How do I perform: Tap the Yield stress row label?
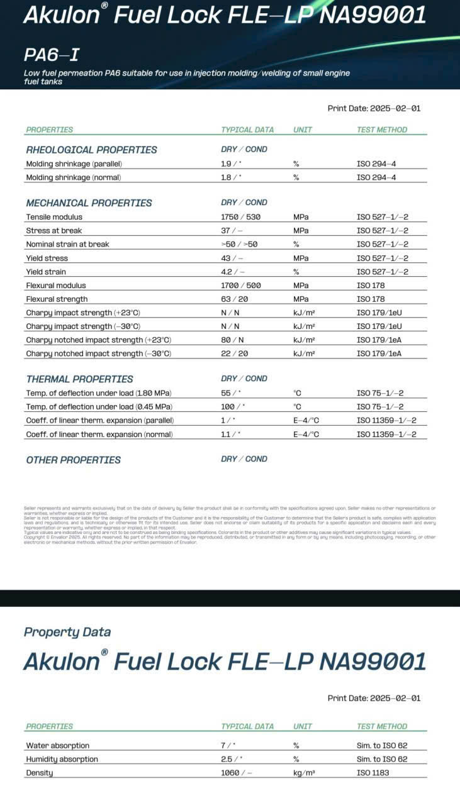point(47,258)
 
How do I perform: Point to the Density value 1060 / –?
point(237,773)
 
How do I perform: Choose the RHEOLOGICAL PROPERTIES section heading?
point(91,150)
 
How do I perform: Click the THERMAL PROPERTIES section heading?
point(79,379)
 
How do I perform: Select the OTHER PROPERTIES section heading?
point(73,460)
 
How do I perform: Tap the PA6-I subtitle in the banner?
point(52,55)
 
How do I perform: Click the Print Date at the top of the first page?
point(374,108)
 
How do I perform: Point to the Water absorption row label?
point(57,745)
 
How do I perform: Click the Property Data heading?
point(67,632)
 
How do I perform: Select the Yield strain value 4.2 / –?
point(232,272)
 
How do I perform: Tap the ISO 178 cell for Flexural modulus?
point(371,286)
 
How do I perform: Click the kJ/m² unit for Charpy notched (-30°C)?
point(304,353)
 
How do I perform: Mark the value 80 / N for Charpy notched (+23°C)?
point(230,340)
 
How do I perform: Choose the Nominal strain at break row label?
point(67,244)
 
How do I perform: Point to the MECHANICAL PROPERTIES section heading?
point(89,203)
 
